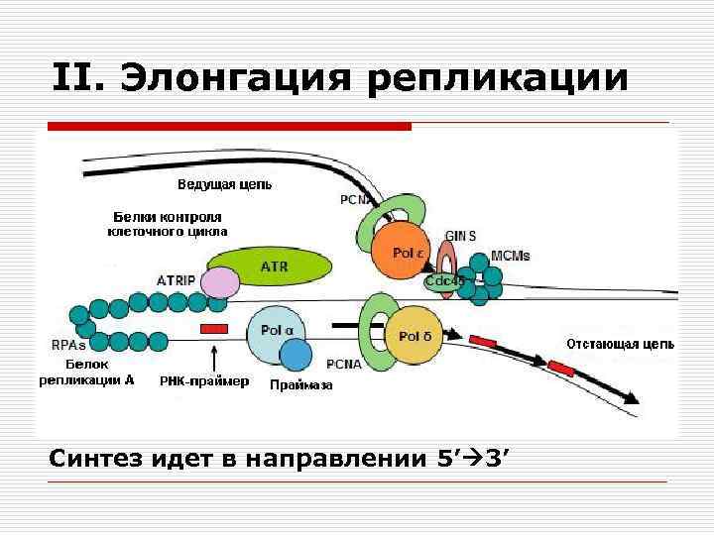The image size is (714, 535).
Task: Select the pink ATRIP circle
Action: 220,282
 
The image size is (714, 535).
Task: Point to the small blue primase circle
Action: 296,355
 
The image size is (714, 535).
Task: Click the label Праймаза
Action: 301,386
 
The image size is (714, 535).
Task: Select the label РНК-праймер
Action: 203,380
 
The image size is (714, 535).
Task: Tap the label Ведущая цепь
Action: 224,184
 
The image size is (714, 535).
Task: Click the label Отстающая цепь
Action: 620,345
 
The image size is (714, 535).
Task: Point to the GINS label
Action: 460,236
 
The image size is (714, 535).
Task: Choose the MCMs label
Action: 510,256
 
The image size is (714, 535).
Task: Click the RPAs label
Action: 68,346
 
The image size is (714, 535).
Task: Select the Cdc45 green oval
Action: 445,281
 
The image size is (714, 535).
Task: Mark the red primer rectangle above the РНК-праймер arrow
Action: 214,328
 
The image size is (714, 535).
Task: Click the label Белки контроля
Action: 168,216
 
